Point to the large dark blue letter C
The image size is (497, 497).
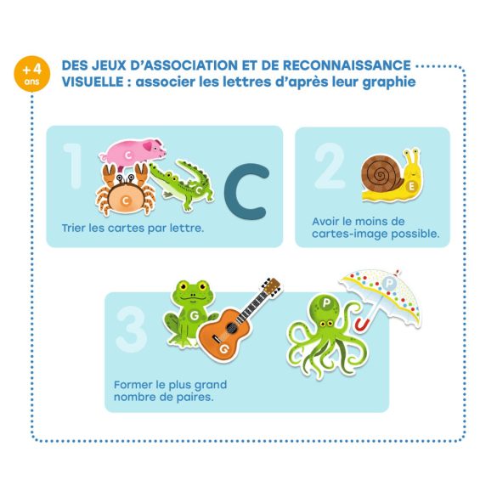click(246, 191)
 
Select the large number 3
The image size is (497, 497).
click(133, 329)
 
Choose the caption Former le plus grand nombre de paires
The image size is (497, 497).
click(170, 391)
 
